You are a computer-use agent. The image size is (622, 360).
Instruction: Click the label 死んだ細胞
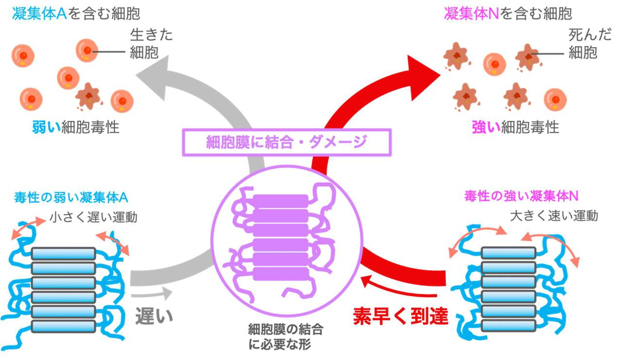(583, 44)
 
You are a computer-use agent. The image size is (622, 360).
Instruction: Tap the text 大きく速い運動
(553, 216)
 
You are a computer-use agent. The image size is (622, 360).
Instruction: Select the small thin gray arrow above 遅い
(152, 293)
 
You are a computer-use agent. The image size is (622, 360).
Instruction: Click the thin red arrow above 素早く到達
(394, 287)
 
